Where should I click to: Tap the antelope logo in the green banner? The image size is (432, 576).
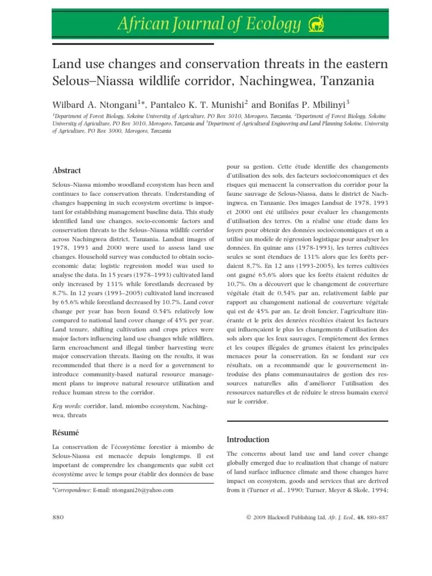pyautogui.click(x=315, y=24)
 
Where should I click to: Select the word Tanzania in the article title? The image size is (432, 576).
pyautogui.click(x=348, y=81)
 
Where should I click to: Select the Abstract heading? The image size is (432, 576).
pyautogui.click(x=66, y=170)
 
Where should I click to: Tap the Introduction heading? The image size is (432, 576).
pyautogui.click(x=247, y=439)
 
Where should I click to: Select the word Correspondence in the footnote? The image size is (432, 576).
pyautogui.click(x=73, y=490)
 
